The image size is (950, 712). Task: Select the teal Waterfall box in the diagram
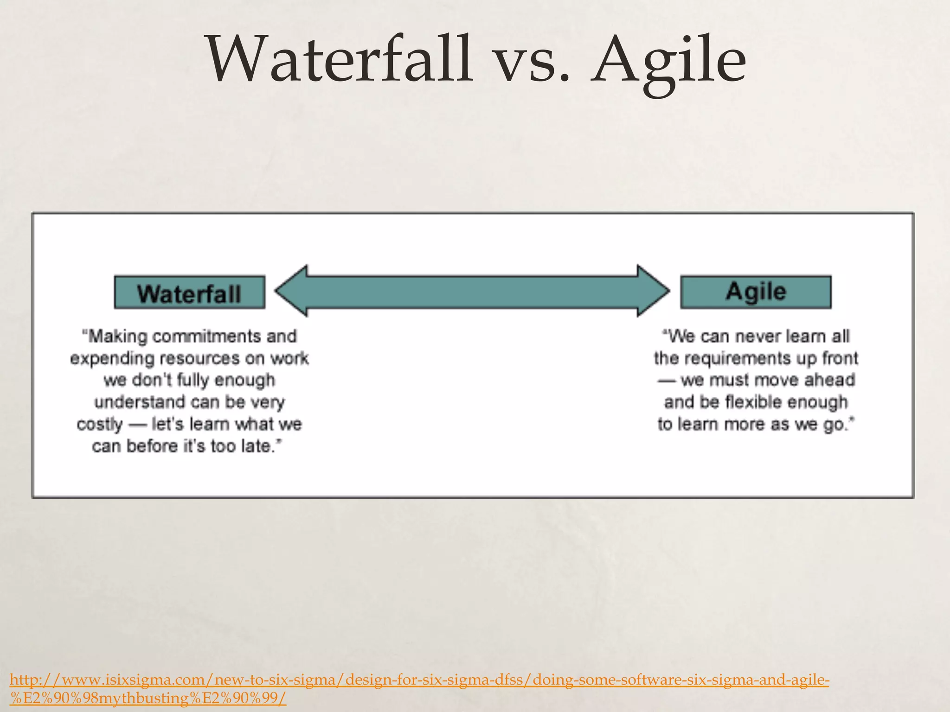[x=189, y=292]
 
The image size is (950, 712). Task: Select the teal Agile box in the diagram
[x=756, y=292]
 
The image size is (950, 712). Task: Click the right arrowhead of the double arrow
[x=652, y=291]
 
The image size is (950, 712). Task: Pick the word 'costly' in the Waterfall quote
[x=99, y=425]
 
